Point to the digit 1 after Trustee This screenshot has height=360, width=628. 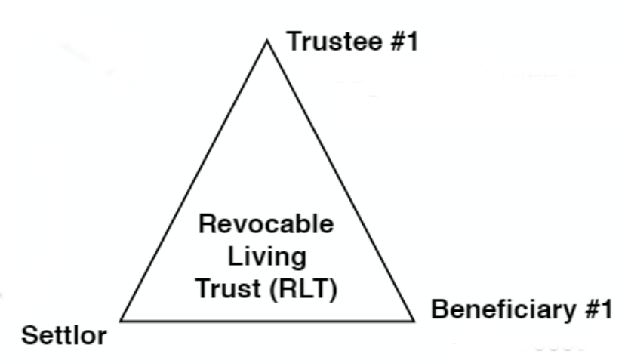(x=411, y=42)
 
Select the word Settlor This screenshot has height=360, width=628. (x=63, y=335)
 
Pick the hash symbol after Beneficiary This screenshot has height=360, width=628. (x=589, y=310)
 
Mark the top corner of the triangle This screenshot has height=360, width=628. (x=266, y=40)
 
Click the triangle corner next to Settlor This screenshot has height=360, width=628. (x=122, y=320)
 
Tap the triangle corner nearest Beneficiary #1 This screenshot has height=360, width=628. (x=414, y=320)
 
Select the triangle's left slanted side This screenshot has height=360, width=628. (x=194, y=180)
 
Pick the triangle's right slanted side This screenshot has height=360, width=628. (x=340, y=180)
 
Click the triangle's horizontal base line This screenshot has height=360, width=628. (x=268, y=321)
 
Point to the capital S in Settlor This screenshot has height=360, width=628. (x=28, y=335)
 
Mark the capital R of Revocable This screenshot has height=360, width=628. (x=207, y=225)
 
